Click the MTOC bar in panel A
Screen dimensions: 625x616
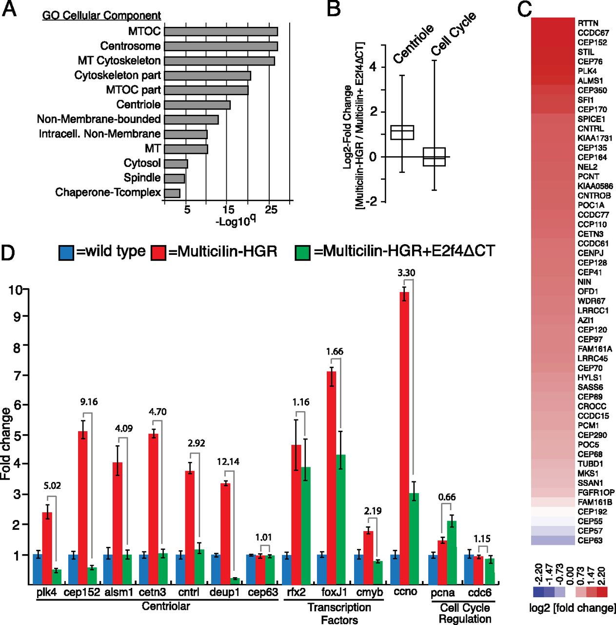point(220,32)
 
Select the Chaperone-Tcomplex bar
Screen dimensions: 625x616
point(172,193)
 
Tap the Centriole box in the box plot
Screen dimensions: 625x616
point(402,132)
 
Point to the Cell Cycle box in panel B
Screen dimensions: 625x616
point(434,157)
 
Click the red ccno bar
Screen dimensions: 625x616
point(404,437)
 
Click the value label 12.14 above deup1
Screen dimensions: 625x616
point(228,461)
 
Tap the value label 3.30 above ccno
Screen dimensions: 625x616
point(406,273)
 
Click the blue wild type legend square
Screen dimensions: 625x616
point(66,252)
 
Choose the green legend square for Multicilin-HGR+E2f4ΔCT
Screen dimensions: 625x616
point(303,252)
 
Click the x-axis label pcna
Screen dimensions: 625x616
point(442,593)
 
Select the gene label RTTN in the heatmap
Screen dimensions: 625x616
point(588,23)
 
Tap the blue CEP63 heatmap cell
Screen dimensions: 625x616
point(553,540)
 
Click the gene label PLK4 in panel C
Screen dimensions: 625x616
point(587,71)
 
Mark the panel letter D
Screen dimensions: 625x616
point(8,252)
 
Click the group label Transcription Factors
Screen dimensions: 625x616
point(339,613)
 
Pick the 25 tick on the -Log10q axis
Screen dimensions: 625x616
point(271,210)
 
